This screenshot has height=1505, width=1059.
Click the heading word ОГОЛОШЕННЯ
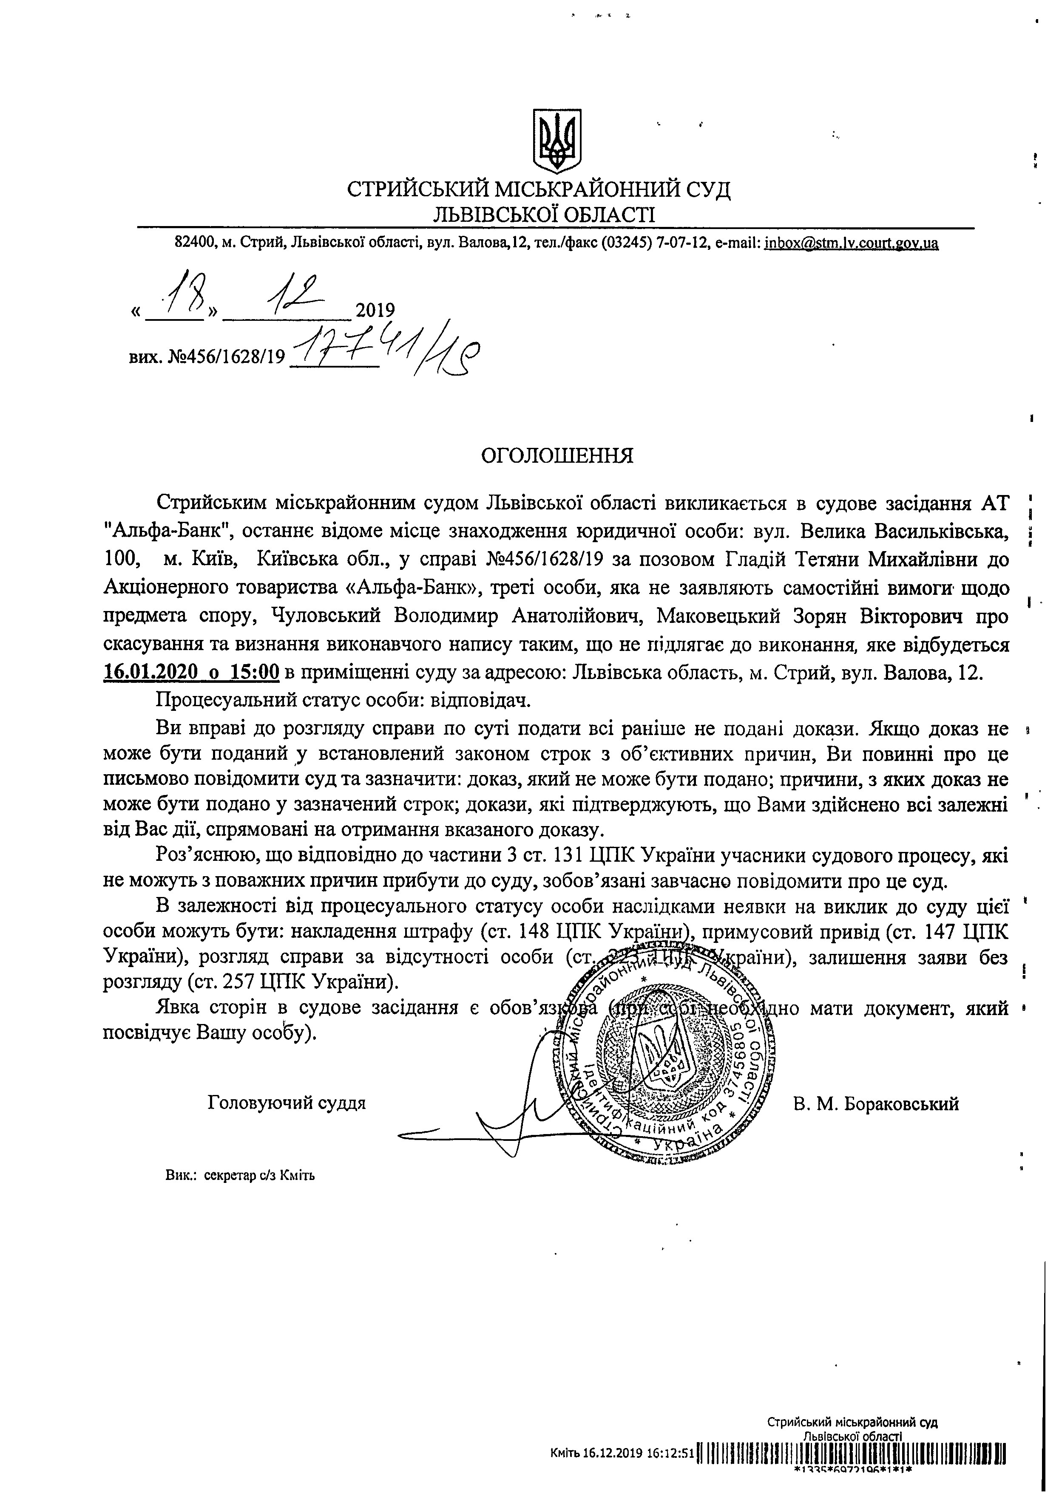pos(557,455)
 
